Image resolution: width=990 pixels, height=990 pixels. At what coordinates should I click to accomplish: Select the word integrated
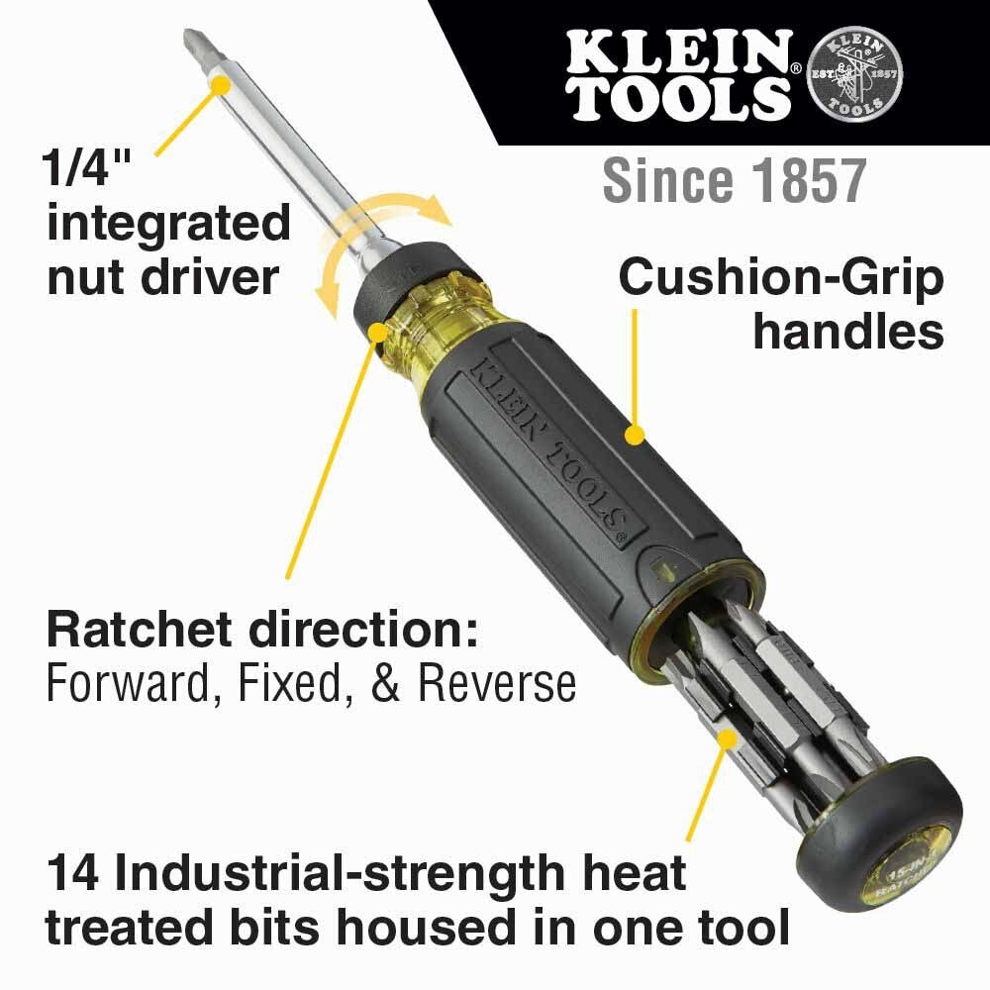(168, 225)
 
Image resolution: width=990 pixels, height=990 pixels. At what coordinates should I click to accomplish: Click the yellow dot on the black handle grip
(636, 433)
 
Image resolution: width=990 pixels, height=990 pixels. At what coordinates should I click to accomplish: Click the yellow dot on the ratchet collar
(377, 331)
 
